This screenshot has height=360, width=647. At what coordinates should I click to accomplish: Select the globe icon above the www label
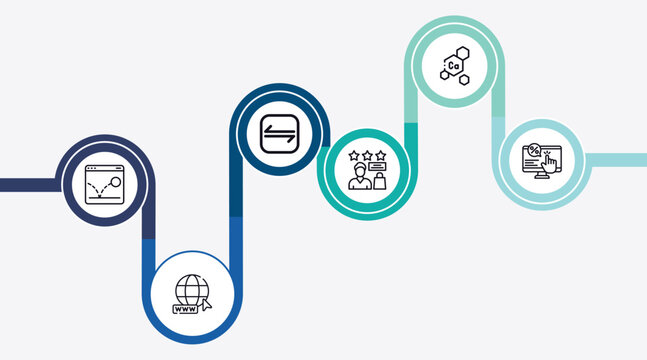(x=191, y=289)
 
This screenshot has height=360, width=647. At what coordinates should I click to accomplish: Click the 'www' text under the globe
(x=186, y=310)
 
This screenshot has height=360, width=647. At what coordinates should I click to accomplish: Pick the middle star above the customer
(x=367, y=155)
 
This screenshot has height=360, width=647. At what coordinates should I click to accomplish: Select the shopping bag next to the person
(x=380, y=181)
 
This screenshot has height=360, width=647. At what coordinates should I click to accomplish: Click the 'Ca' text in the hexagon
(x=454, y=66)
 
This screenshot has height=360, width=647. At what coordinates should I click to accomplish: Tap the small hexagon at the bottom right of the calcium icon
(x=465, y=77)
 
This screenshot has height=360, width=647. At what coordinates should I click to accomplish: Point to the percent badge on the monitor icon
(x=534, y=151)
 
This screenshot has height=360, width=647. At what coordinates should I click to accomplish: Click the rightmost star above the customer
(x=381, y=155)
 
